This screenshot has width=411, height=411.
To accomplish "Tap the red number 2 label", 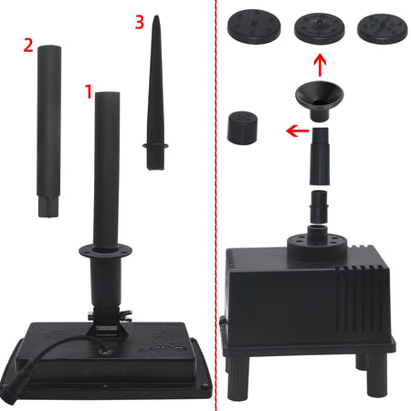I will (x=29, y=43).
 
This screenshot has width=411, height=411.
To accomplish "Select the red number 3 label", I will (x=139, y=24).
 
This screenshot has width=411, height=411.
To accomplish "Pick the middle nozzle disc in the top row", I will (x=318, y=27).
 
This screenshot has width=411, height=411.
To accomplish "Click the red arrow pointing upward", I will (x=319, y=66).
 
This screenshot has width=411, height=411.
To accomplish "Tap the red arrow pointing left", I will (x=295, y=131).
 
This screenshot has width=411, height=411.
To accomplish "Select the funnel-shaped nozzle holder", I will (x=319, y=99).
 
